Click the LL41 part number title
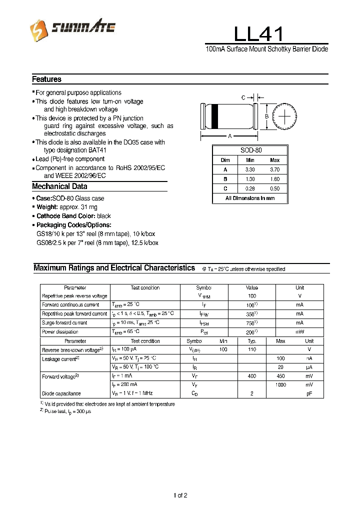coord(258,34)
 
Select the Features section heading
coord(46,79)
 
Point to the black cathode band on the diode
coord(215,116)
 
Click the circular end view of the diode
coord(284,116)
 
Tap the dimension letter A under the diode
coord(229,136)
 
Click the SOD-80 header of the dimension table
coord(250,150)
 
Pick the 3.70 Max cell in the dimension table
coord(274,169)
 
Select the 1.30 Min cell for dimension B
coord(250,179)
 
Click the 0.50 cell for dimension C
coord(274,188)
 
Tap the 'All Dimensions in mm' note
coord(250,198)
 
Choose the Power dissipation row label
coord(60,331)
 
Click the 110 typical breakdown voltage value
coord(252,349)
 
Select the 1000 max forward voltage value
coord(280,384)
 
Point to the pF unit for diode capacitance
coord(309,393)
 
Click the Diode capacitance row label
coord(61,393)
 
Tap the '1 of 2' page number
coord(180,495)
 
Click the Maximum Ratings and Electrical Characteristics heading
coord(114,268)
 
